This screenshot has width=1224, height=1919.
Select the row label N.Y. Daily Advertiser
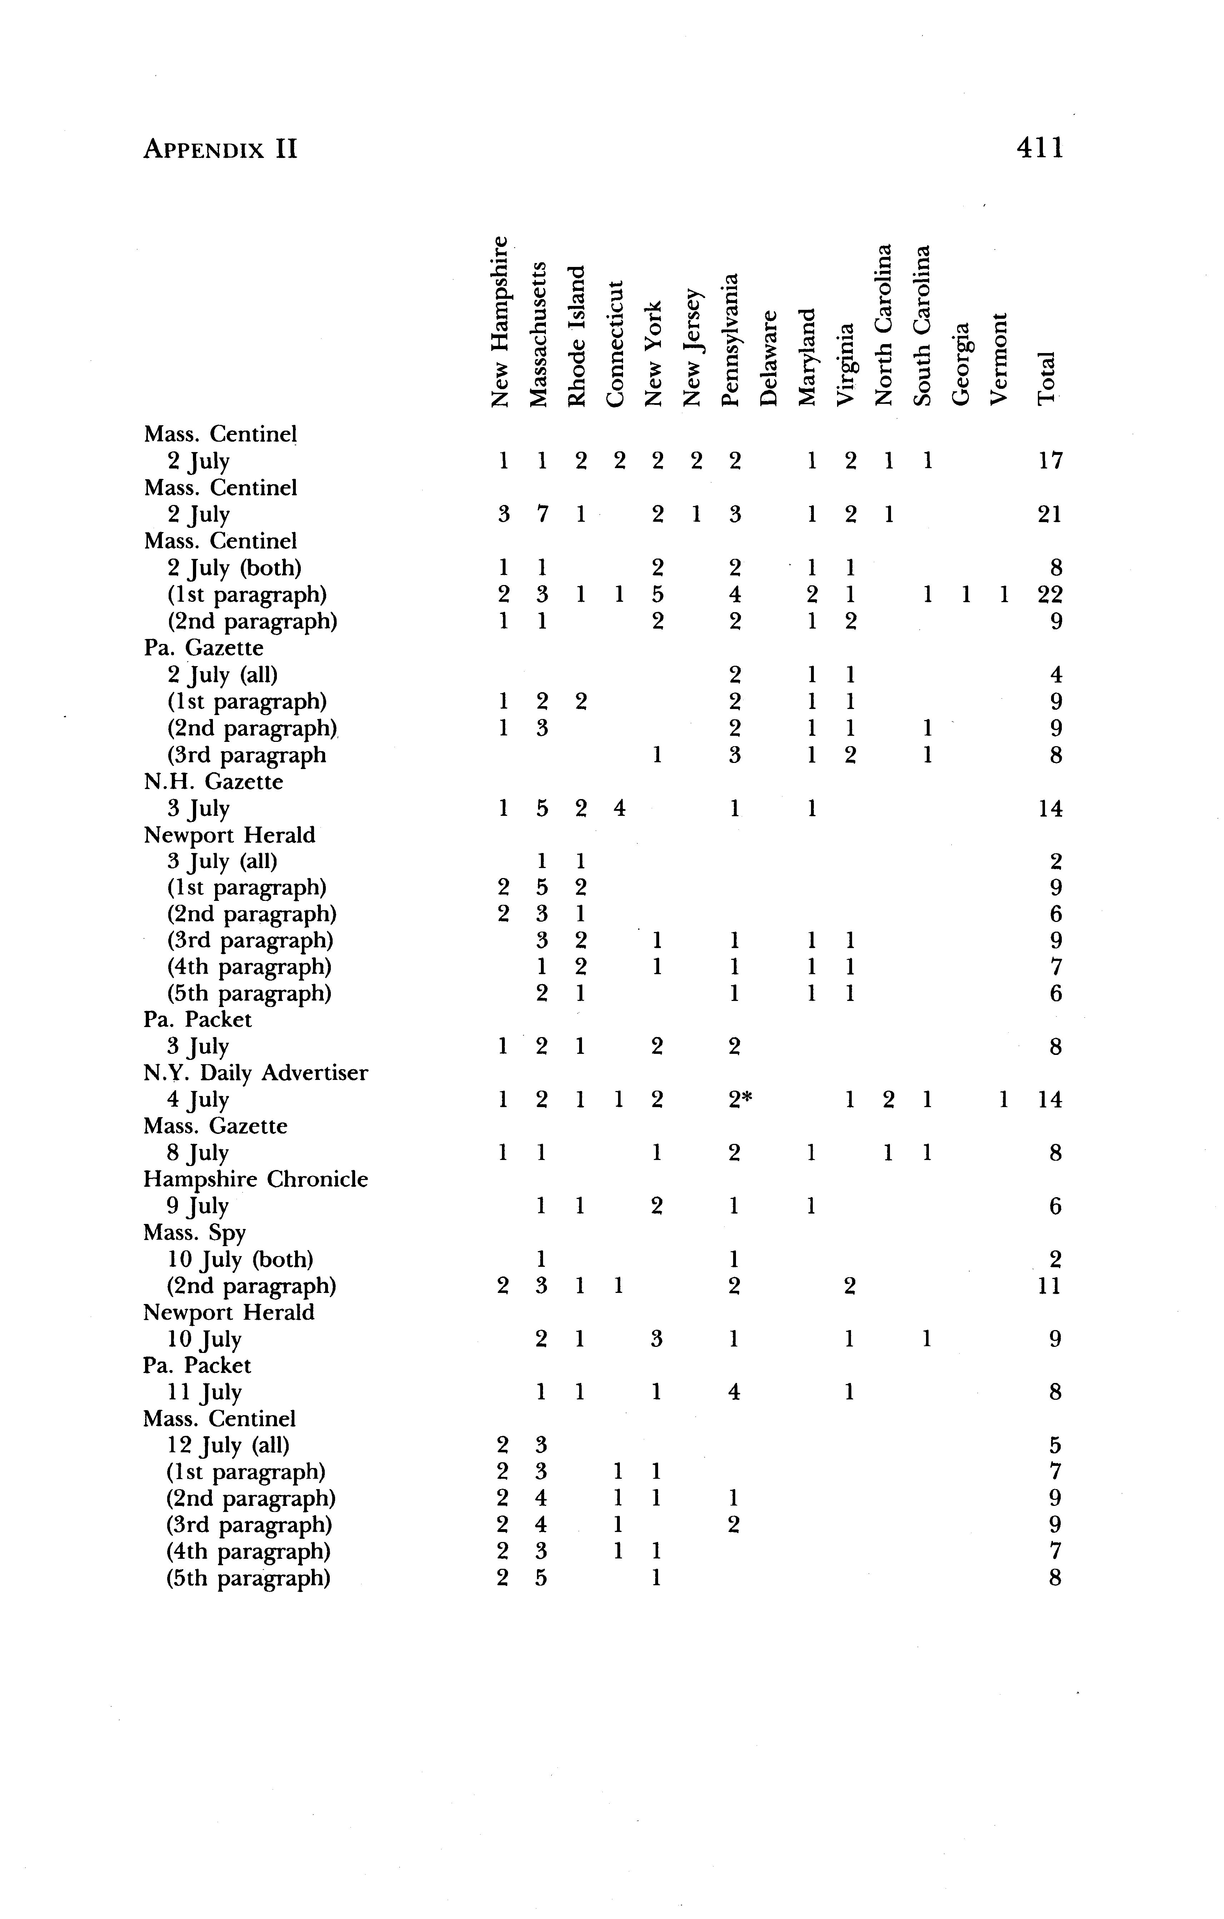(x=256, y=1073)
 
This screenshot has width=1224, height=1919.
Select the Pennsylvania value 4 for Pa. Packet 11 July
(x=734, y=1392)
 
